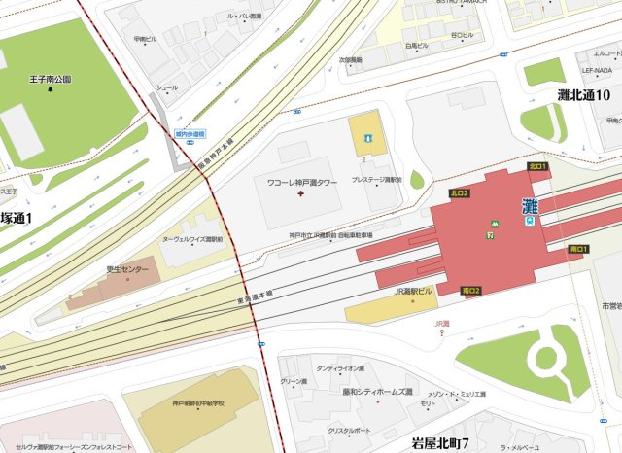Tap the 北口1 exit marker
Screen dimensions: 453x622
tap(538, 167)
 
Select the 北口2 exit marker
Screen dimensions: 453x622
tap(460, 193)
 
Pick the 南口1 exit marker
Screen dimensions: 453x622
tap(578, 250)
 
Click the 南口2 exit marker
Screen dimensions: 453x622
tap(471, 291)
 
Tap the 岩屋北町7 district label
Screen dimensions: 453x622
tap(440, 444)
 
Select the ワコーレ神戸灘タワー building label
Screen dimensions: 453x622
tap(302, 182)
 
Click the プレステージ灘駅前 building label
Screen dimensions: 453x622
tap(376, 180)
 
